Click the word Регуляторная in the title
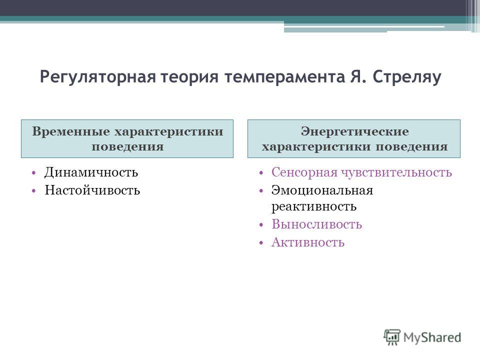coord(97,77)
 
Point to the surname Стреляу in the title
coord(407,77)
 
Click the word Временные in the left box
coord(71,131)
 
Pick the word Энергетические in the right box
coord(355,131)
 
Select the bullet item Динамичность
coord(91,172)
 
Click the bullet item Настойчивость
coord(92,190)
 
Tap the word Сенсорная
coord(304,172)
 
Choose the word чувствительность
coord(396,172)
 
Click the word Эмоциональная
coord(322,190)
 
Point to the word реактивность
coord(314,206)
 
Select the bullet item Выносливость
coord(316,224)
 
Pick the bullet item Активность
coord(308,242)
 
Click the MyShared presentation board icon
coord(392,337)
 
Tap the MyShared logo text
coord(432,337)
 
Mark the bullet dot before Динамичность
coord(33,173)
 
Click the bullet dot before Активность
coord(261,243)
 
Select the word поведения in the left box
coord(127,146)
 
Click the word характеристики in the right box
coord(316,146)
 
